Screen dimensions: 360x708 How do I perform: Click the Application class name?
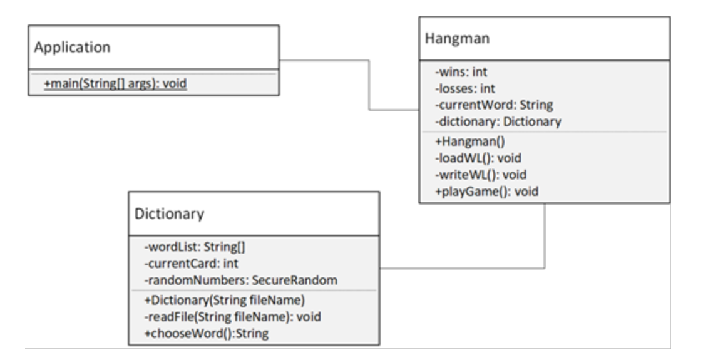point(73,48)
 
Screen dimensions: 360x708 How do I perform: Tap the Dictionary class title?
point(169,213)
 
